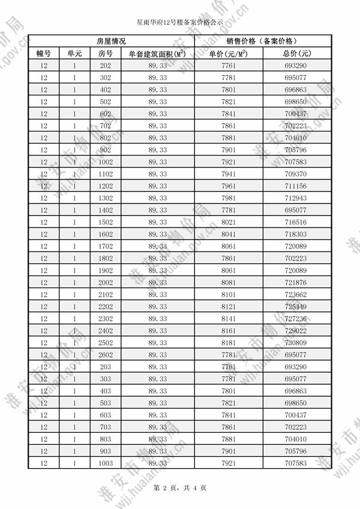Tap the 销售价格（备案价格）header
coord(261,41)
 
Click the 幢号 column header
coord(44,53)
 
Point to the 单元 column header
coord(74,53)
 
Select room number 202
coord(106,65)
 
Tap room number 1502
coord(106,222)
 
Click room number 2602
coord(106,355)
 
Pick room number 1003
coord(106,463)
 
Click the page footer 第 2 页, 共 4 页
coord(180,488)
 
